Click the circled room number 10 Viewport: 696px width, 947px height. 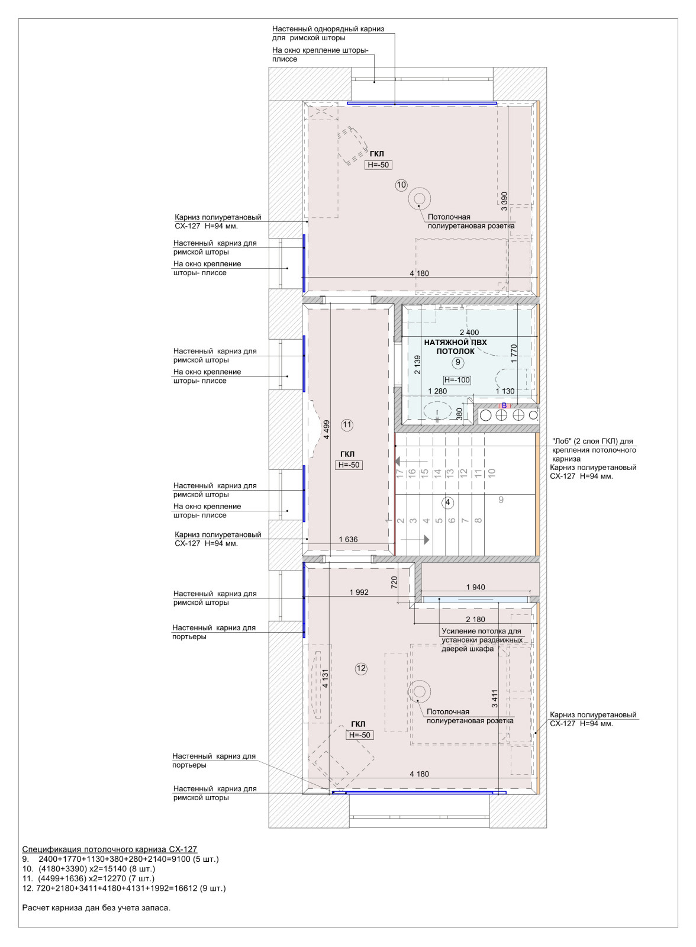401,185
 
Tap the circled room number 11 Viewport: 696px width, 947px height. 347,425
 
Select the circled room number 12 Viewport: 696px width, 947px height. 360,668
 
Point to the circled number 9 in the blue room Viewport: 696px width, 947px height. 457,362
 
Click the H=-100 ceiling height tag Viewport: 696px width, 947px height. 457,380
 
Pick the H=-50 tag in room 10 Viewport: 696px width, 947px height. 378,165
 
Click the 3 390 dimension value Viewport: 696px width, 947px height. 504,201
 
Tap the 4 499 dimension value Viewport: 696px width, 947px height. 327,430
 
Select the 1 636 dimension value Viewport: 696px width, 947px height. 348,539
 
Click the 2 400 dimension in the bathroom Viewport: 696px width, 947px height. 469,333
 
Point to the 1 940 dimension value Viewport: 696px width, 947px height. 476,587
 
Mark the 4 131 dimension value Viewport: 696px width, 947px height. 325,678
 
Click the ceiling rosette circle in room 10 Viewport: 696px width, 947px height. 419,199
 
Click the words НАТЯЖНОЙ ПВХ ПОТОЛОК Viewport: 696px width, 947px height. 455,347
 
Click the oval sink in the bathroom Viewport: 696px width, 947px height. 437,411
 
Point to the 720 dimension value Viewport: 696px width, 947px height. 394,582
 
